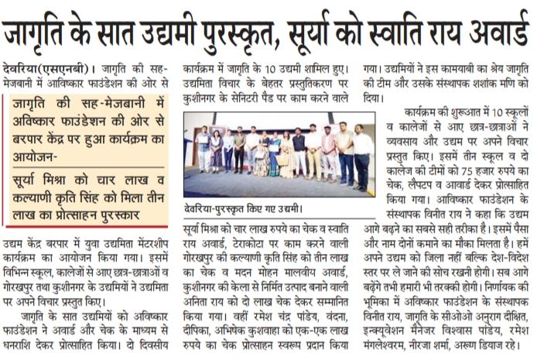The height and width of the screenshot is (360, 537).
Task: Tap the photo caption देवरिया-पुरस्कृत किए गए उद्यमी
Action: tap(241, 207)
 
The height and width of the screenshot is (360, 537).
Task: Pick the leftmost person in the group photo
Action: tap(203, 151)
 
